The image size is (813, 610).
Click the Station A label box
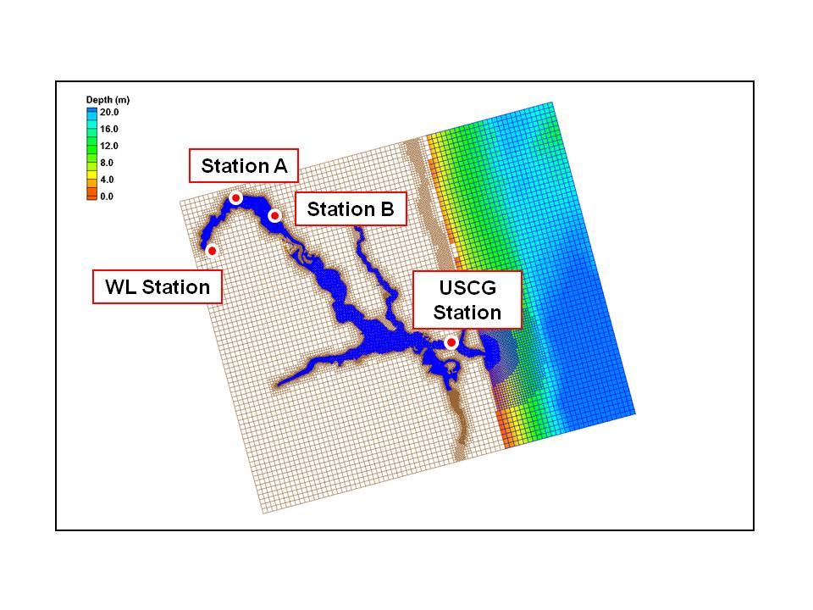point(244,165)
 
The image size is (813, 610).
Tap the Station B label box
point(351,208)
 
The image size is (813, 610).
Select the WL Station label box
point(158,286)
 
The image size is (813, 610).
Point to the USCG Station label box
point(467,300)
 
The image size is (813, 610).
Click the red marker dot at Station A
point(236,198)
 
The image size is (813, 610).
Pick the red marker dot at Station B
point(274,215)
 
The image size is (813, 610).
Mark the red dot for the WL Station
point(212,251)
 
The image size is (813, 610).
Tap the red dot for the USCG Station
point(451,342)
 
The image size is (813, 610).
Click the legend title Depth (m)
point(108,100)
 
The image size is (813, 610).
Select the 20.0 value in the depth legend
point(109,112)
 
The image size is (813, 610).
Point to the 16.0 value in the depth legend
point(109,129)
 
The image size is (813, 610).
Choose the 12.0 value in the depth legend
point(109,146)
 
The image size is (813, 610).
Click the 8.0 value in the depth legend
point(107,163)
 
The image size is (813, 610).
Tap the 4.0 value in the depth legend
point(107,180)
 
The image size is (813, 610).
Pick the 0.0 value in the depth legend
point(107,196)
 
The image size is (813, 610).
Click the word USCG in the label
point(467,287)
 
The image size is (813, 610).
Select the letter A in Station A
point(280,166)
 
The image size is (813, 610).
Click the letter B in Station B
point(387,209)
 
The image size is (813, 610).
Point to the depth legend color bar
point(91,153)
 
